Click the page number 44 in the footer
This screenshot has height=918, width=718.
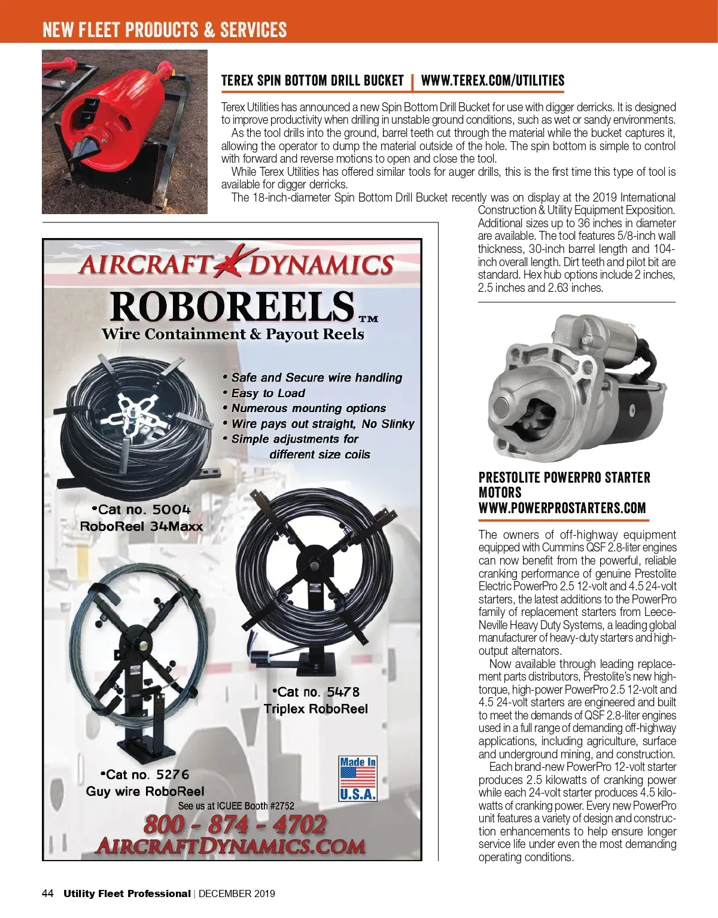point(48,893)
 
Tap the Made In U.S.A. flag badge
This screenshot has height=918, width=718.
point(358,779)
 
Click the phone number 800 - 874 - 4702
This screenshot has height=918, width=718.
point(235,825)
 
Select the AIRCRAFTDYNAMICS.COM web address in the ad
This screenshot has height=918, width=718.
point(230,846)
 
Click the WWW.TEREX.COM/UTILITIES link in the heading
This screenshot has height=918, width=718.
point(492,81)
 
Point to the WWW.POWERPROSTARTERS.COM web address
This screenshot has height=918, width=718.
point(562,508)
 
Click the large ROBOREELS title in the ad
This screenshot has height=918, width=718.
point(232,306)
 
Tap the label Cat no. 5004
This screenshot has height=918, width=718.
point(141,510)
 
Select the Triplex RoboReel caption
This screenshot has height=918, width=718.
point(315,709)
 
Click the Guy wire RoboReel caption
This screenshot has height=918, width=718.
point(145,791)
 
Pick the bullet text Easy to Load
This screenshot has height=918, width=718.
point(268,393)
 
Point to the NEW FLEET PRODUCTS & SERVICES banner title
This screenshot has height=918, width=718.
point(165,30)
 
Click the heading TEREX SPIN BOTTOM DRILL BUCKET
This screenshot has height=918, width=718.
point(312,81)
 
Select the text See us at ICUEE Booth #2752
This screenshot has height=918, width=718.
point(236,806)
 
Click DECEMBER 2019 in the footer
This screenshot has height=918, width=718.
point(237,893)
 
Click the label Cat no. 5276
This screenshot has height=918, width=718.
point(145,774)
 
